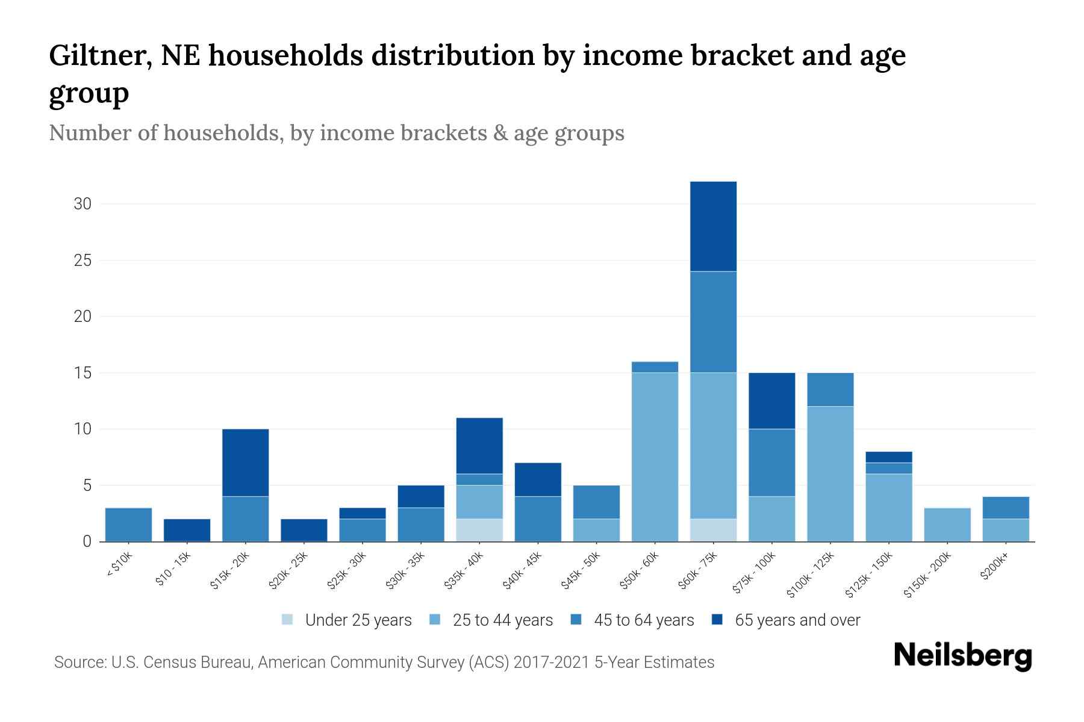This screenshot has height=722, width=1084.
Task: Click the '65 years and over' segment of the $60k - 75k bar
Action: [713, 226]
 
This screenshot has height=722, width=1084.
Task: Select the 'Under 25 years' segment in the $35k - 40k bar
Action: [479, 530]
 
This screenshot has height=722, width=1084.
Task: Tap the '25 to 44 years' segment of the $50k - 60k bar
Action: [655, 457]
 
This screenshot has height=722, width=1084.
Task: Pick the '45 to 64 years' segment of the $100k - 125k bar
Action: [830, 389]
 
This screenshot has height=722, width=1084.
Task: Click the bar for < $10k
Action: [128, 525]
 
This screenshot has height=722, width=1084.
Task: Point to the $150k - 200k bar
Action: [947, 525]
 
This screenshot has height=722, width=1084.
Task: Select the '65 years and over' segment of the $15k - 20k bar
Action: [245, 462]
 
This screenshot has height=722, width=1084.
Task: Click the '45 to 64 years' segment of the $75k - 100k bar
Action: [771, 462]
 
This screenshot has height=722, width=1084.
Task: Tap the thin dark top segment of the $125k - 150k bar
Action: [888, 457]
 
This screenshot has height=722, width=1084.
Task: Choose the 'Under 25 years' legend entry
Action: [358, 620]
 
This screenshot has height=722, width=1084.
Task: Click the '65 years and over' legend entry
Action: [797, 620]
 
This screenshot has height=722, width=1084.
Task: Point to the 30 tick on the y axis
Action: [83, 204]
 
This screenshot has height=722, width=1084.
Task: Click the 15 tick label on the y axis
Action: [83, 373]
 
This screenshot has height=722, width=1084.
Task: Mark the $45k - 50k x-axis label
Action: [582, 572]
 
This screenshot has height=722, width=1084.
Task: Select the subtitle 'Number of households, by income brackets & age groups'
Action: [336, 133]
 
